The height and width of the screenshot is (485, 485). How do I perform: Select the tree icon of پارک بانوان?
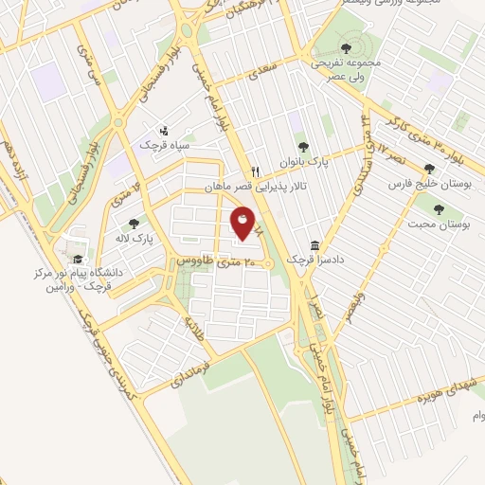click(302, 146)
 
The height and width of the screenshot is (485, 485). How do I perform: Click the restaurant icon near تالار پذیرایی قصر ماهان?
click(255, 172)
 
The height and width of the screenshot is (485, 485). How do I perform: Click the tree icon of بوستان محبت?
click(438, 208)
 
